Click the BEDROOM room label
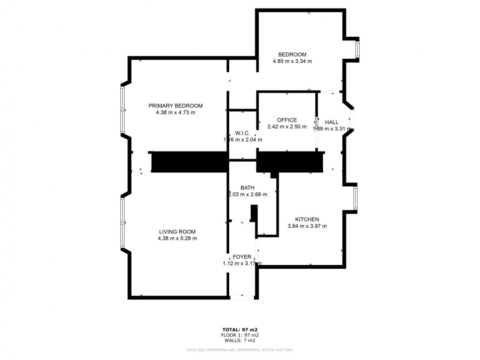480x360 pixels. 292,55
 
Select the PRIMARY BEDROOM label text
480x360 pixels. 176,106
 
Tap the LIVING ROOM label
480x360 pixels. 177,232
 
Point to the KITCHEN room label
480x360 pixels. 307,219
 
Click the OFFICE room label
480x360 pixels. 287,120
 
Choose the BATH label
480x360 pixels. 248,188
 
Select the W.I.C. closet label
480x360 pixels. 242,133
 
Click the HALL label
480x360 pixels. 331,122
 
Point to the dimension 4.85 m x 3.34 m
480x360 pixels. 292,61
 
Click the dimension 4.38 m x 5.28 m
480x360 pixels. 177,239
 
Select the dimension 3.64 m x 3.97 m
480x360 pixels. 307,226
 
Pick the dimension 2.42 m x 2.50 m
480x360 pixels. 287,127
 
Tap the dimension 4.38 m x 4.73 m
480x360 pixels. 176,112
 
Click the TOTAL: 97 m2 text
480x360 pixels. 240,329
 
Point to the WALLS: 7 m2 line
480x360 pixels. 240,340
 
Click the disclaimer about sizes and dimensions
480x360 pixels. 240,350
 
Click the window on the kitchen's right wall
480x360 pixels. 355,198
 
